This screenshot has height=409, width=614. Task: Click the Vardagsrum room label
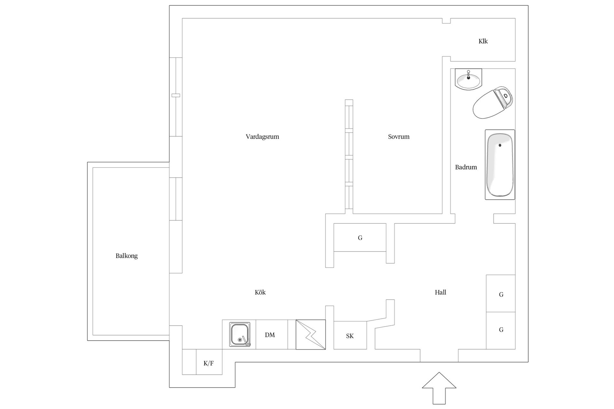(262, 137)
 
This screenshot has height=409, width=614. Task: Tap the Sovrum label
(399, 137)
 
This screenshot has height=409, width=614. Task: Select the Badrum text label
(466, 167)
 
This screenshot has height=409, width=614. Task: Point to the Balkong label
(127, 256)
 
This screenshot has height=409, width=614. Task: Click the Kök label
(260, 292)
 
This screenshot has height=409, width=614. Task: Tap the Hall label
(440, 292)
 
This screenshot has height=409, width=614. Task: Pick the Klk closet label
(483, 41)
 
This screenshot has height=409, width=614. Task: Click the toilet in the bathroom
(493, 102)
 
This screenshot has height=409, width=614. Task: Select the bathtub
(500, 165)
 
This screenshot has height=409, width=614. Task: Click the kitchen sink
(240, 335)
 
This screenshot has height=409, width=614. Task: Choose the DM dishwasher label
(270, 335)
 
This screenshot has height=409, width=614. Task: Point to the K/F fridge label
(209, 363)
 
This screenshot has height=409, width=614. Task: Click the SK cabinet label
(350, 336)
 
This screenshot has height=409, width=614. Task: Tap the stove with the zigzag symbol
(311, 335)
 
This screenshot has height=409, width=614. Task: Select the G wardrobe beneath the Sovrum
(360, 237)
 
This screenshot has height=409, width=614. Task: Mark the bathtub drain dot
(500, 145)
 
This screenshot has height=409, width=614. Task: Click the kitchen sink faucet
(246, 341)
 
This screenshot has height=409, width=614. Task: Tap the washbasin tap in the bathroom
(468, 75)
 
